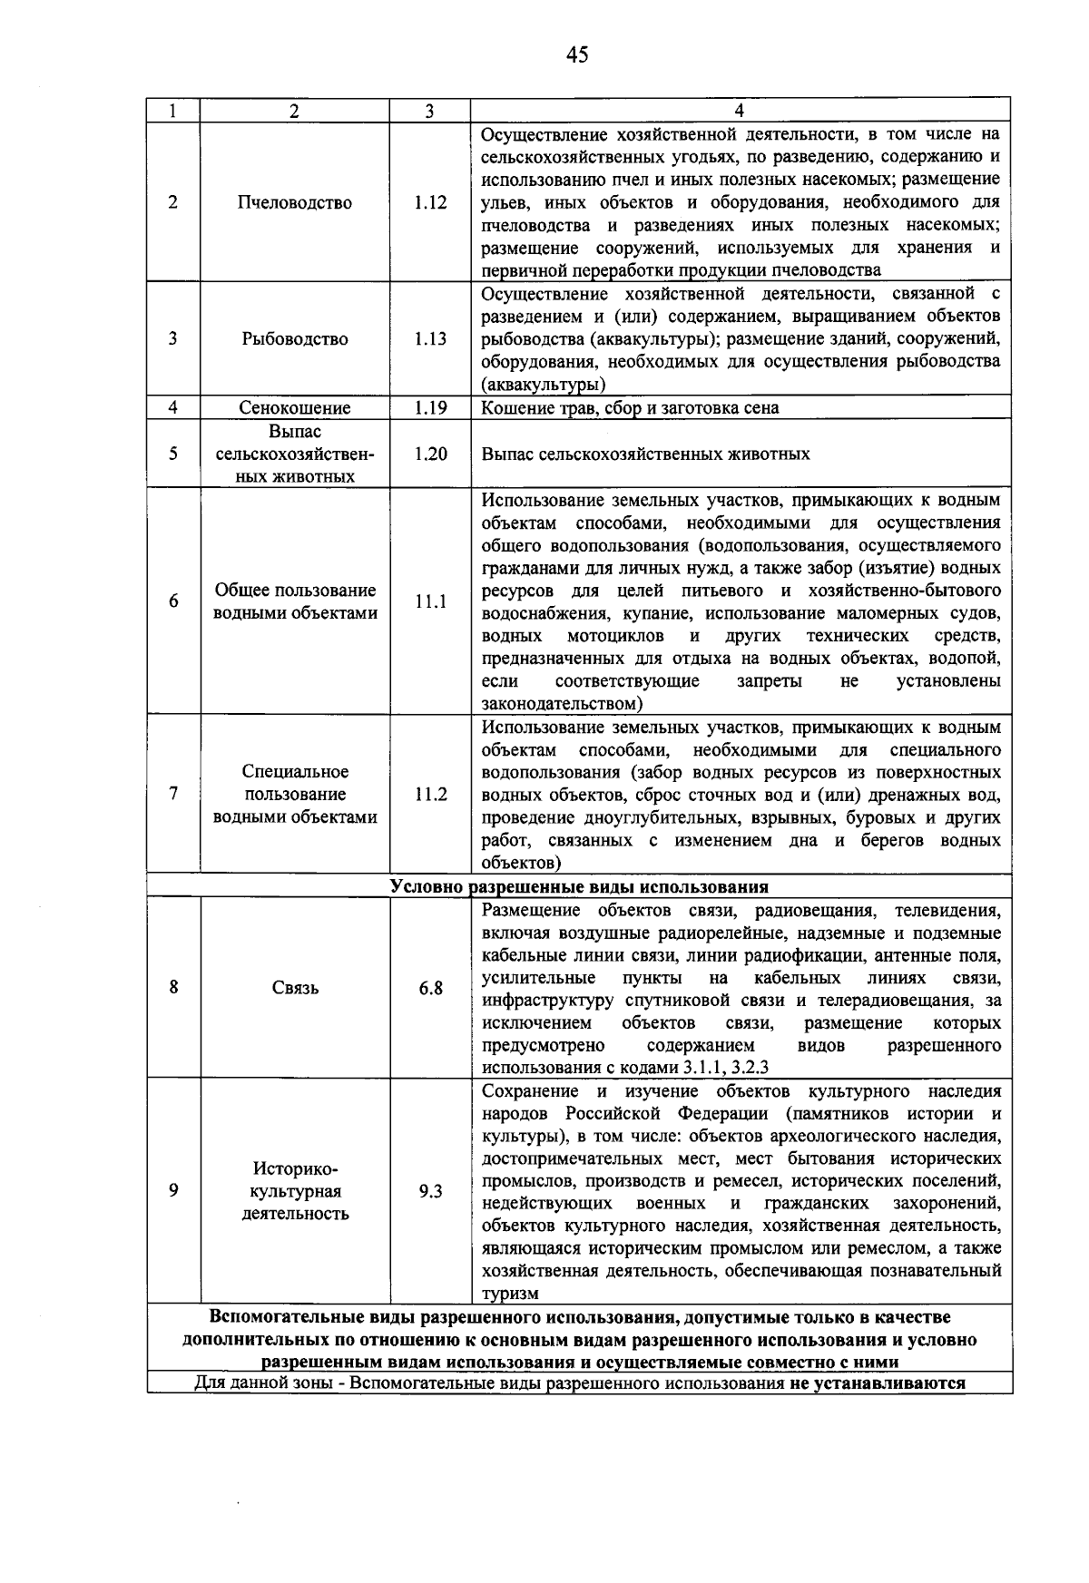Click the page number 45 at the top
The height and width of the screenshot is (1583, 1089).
[577, 55]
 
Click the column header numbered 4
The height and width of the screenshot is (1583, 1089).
[740, 111]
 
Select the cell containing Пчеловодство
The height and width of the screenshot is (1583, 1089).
[295, 203]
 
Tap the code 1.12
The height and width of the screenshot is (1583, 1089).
[430, 203]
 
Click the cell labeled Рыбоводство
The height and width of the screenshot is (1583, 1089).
[295, 339]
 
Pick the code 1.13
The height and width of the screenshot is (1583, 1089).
[430, 339]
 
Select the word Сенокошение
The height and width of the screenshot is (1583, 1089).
[295, 408]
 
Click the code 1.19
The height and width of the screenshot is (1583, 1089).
[430, 408]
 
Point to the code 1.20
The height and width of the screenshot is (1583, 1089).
[430, 454]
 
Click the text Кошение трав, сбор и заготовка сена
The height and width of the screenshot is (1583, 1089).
[630, 408]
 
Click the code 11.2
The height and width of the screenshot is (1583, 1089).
[430, 795]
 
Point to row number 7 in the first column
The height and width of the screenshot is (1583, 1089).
[172, 794]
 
